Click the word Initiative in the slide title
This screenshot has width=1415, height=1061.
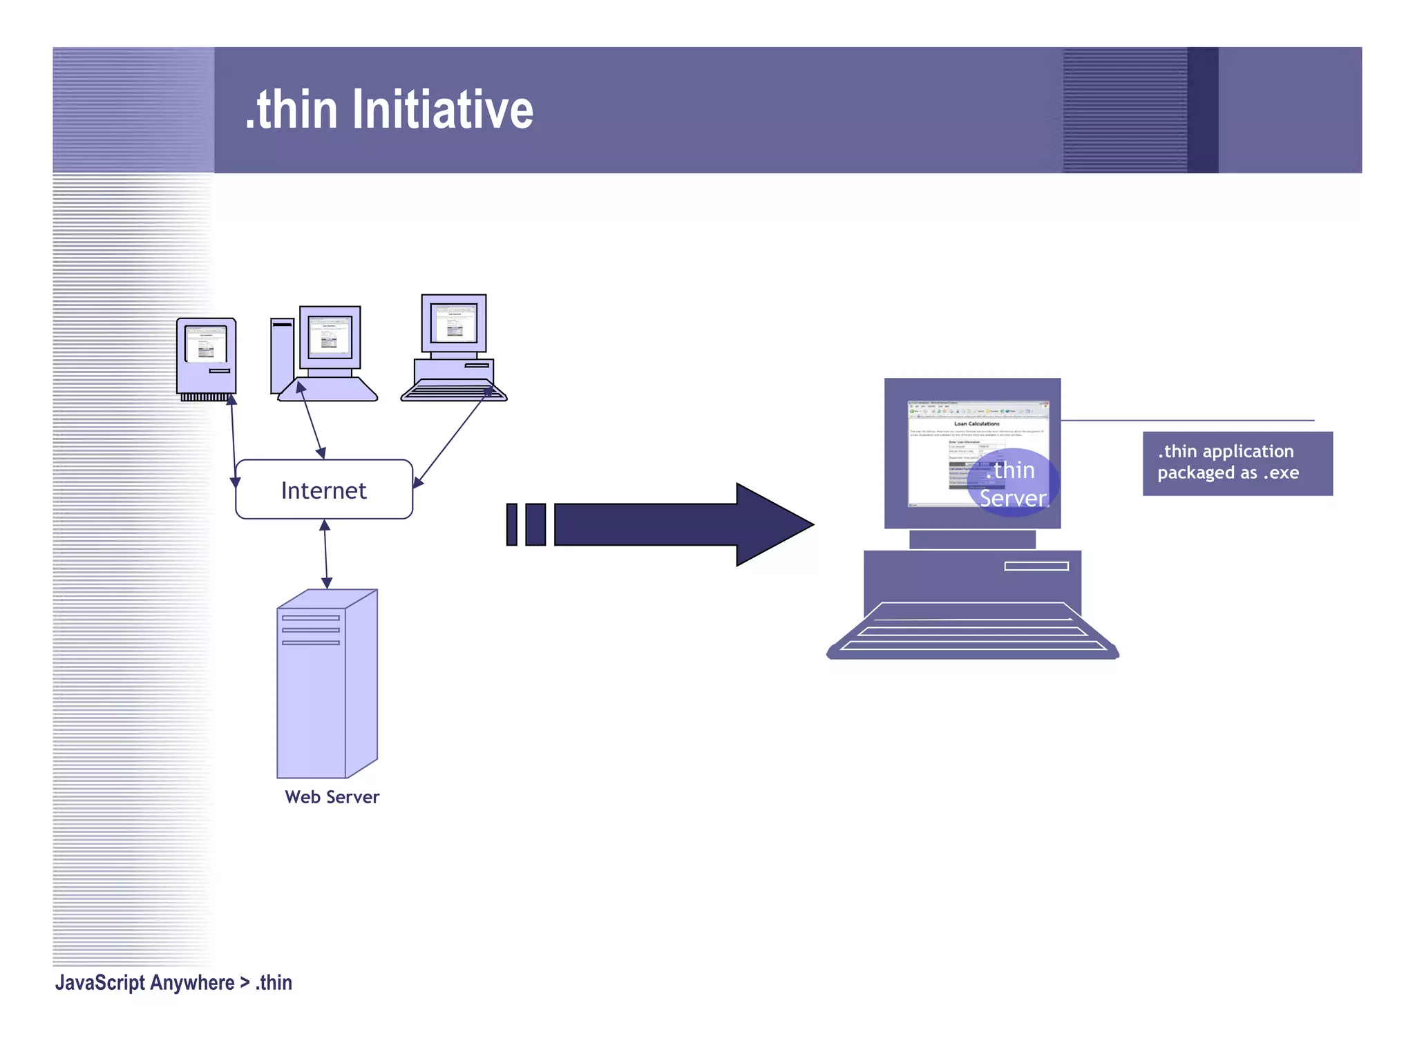pyautogui.click(x=443, y=110)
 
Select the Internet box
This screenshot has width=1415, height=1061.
pyautogui.click(x=324, y=489)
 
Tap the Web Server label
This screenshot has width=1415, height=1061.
pyautogui.click(x=332, y=796)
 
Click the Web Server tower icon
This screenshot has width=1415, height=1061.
pyautogui.click(x=326, y=684)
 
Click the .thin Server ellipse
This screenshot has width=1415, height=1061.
pyautogui.click(x=1013, y=483)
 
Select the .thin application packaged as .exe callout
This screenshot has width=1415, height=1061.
pyautogui.click(x=1237, y=463)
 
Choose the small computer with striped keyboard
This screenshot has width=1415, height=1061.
pyautogui.click(x=454, y=349)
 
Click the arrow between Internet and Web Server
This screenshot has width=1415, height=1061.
pyautogui.click(x=325, y=554)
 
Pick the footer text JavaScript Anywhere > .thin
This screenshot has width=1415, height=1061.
pyautogui.click(x=173, y=982)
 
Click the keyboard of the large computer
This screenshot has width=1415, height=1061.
pyautogui.click(x=972, y=629)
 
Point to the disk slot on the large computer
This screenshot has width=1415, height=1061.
pyautogui.click(x=1036, y=566)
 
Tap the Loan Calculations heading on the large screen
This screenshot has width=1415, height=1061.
pyautogui.click(x=976, y=424)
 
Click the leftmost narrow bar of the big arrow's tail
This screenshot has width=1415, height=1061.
pyautogui.click(x=511, y=524)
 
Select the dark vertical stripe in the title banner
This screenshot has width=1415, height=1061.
pyautogui.click(x=1202, y=110)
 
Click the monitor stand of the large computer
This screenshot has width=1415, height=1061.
pyautogui.click(x=972, y=539)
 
